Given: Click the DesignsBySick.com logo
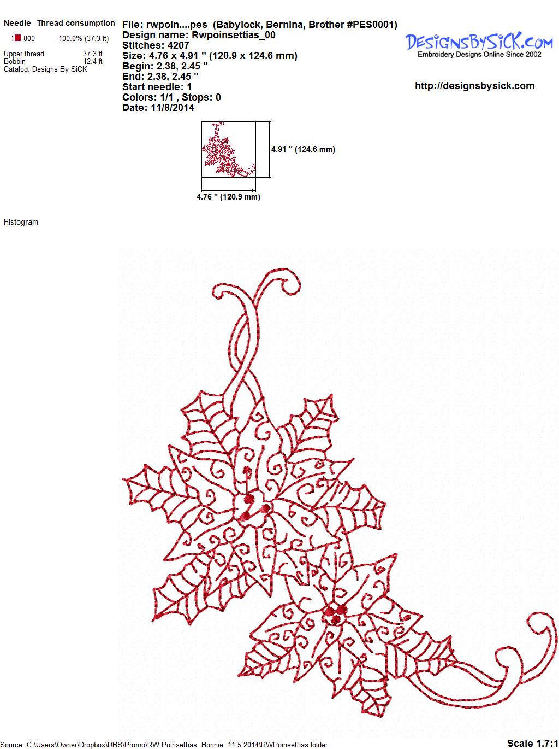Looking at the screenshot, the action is (x=479, y=45).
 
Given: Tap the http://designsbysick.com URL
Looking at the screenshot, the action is (x=474, y=86).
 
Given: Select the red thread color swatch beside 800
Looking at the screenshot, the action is (x=17, y=38).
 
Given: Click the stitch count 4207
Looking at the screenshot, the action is (x=178, y=45).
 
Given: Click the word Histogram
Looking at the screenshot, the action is (x=21, y=222).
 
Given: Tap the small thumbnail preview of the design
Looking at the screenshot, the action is (x=229, y=149).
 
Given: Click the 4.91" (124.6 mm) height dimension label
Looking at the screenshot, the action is (x=303, y=149).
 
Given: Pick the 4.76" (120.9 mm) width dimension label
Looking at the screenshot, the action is (x=228, y=197).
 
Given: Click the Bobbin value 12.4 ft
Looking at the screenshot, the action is (x=93, y=61).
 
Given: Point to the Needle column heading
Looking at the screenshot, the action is (x=17, y=23).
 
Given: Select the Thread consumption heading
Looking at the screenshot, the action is (x=76, y=23).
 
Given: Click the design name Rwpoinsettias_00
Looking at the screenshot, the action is (x=233, y=35).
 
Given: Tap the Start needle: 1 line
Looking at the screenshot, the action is (x=157, y=87).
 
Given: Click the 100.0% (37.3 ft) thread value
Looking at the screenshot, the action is (x=84, y=38).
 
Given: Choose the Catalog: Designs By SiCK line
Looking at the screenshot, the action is (x=45, y=69).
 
